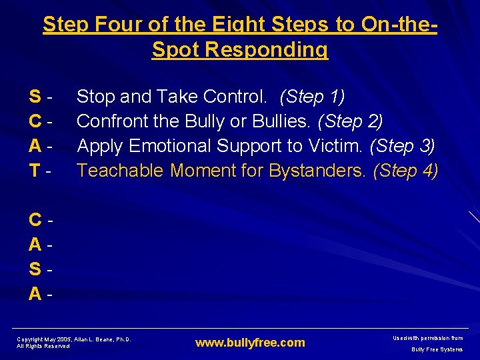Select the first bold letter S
[x=35, y=97]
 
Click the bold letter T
[x=34, y=171]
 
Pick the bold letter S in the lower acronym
[x=35, y=269]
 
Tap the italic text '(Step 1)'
[x=312, y=97]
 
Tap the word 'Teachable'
[x=120, y=171]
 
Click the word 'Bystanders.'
[x=317, y=171]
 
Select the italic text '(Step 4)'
[x=405, y=171]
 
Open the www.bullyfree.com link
[x=250, y=343]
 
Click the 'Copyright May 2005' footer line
[x=73, y=339]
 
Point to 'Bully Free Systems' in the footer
[x=437, y=349]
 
